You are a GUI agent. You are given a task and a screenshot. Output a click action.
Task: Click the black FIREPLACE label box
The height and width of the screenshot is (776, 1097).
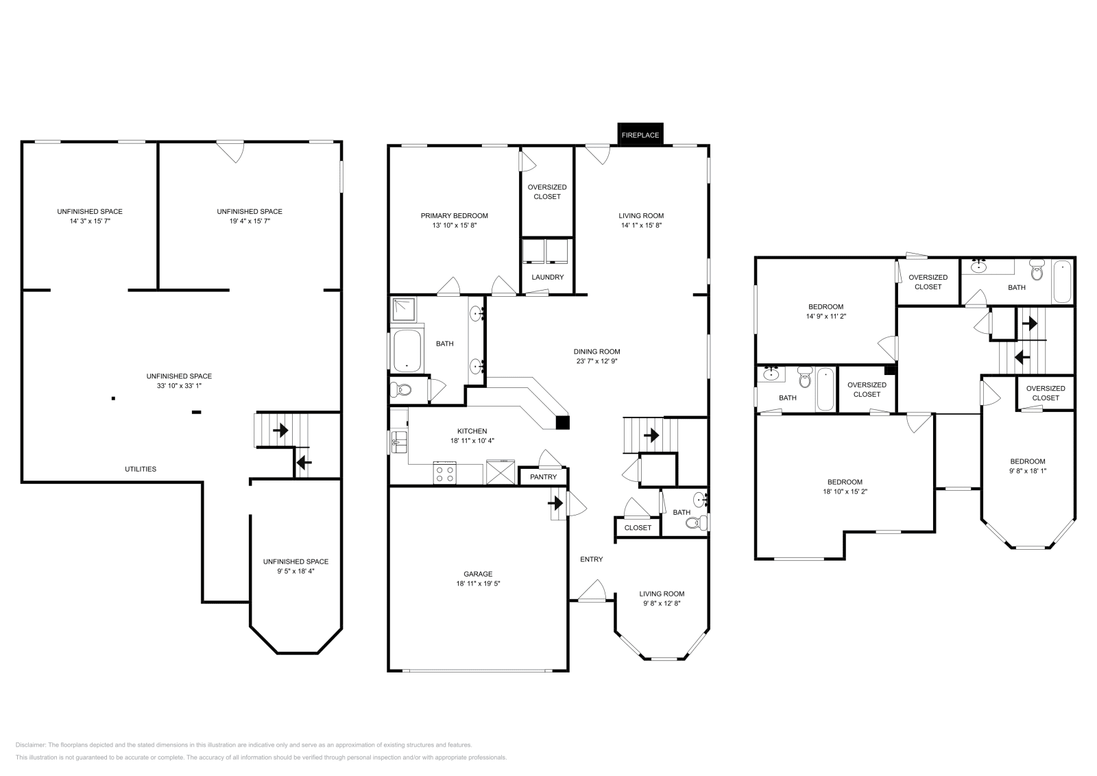tap(640, 135)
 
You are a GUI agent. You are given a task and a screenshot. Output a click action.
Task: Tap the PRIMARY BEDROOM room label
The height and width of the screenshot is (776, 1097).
tap(454, 216)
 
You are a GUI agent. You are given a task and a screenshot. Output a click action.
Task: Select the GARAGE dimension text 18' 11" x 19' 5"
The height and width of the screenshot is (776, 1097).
tap(478, 583)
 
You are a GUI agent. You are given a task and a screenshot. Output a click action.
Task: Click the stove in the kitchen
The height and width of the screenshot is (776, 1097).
tap(445, 474)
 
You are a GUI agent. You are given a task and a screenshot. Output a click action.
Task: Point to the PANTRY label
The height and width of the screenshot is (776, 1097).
tap(544, 476)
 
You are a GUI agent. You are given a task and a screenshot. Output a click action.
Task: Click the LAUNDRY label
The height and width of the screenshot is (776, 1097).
tap(547, 277)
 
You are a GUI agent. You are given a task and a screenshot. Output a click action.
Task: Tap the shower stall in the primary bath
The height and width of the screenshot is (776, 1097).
tap(405, 310)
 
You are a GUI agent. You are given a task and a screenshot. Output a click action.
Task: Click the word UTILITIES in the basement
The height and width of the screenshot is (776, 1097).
tap(141, 469)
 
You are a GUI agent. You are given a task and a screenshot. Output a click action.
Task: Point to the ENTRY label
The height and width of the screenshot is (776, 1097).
tap(591, 559)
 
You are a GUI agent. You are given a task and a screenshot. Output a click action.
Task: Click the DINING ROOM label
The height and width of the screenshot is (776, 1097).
tap(596, 352)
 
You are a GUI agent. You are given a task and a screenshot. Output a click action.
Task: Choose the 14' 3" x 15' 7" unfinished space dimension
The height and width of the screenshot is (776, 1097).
tap(90, 221)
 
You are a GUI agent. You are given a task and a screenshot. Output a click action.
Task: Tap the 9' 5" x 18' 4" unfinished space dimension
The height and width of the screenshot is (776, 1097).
tap(296, 570)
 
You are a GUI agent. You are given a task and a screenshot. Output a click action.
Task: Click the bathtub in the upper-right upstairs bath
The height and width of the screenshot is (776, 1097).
tap(1061, 282)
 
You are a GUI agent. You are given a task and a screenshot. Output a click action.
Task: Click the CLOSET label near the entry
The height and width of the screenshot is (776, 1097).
tap(638, 527)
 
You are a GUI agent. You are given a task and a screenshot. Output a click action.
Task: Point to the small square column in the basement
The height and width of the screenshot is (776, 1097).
tap(113, 398)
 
